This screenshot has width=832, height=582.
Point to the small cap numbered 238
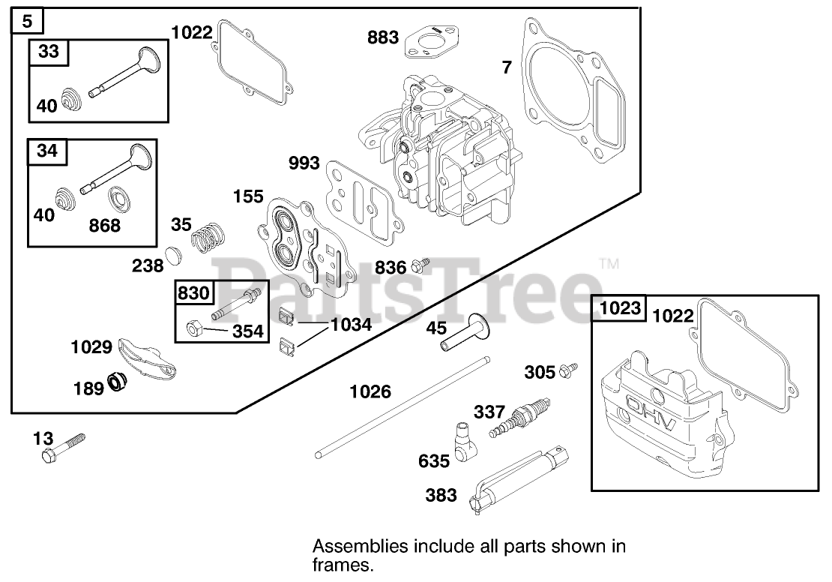(x=174, y=256)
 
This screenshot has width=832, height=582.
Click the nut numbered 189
(x=118, y=382)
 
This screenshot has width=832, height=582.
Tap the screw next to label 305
(x=570, y=369)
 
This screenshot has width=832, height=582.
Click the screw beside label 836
(x=422, y=264)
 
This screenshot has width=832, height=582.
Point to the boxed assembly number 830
(x=193, y=293)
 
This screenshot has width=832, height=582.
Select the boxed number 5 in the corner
(x=27, y=19)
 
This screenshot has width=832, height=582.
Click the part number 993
(x=304, y=163)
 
